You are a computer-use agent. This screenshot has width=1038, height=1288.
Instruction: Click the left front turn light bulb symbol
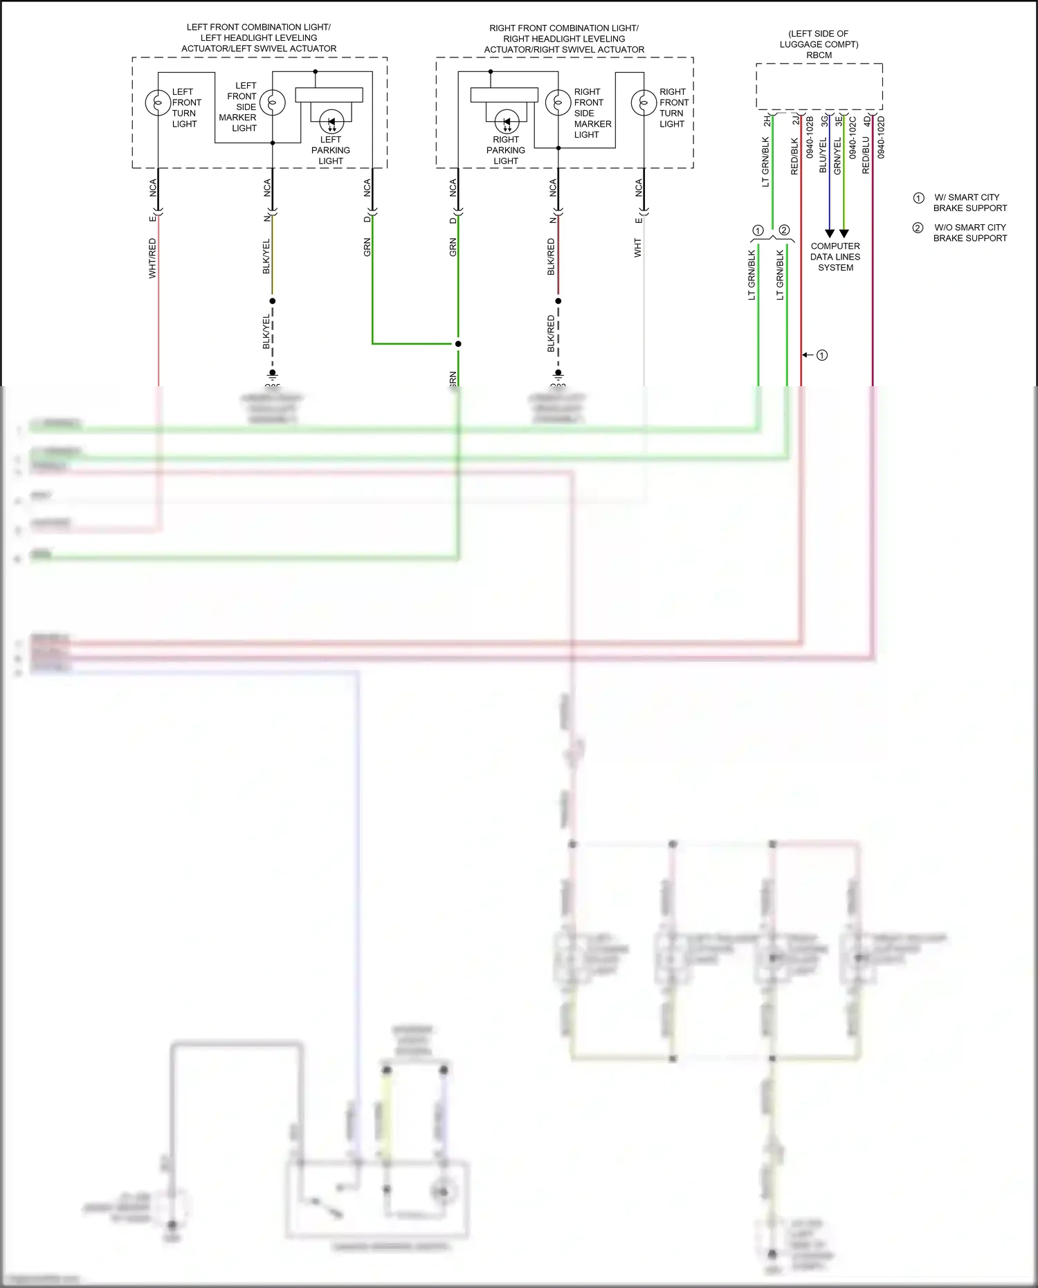pos(158,103)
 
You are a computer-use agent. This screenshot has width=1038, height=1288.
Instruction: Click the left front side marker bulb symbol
pos(273,103)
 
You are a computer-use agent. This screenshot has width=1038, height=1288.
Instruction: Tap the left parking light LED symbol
pos(331,123)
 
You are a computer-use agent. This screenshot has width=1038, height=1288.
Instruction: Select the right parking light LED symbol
pos(507,123)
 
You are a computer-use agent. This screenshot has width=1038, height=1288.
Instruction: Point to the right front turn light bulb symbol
pos(644,103)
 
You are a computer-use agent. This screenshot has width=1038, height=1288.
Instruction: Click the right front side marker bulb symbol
pos(558,103)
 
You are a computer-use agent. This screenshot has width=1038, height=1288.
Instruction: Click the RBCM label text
pos(819,55)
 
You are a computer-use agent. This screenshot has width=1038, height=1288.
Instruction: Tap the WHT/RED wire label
pos(153,258)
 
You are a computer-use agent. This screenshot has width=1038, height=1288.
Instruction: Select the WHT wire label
pos(638,248)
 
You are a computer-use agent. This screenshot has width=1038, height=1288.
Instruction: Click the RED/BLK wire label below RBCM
pos(795,156)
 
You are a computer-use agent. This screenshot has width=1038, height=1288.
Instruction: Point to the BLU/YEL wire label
pos(823,155)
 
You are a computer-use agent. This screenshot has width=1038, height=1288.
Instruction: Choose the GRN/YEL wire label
pos(837,155)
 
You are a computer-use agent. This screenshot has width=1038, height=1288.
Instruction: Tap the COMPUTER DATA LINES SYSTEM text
pos(835,257)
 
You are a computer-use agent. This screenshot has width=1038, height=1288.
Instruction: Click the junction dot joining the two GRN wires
pos(458,343)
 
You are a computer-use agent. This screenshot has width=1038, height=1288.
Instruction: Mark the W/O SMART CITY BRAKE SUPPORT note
pos(969,233)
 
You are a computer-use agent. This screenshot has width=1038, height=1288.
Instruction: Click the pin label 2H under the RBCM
pos(767,121)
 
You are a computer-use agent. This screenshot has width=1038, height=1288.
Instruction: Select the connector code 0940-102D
pos(881,137)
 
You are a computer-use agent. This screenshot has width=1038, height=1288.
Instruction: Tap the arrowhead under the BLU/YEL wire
pos(830,234)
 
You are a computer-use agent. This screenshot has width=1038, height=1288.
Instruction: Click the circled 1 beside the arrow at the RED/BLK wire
pos(822,355)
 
